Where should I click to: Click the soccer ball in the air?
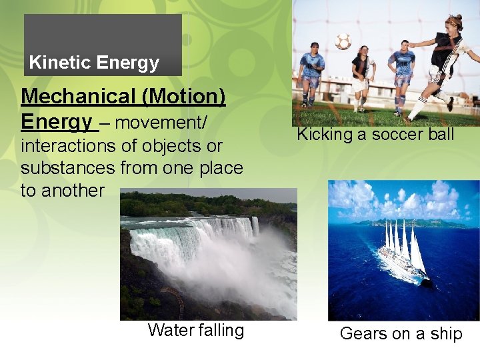click(x=343, y=41)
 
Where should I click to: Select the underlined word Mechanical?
click(x=79, y=97)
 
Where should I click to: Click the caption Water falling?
click(x=196, y=331)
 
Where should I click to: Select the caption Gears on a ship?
click(x=401, y=334)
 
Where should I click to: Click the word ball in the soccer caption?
click(x=440, y=135)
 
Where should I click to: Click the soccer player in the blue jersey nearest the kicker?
click(x=401, y=73)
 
